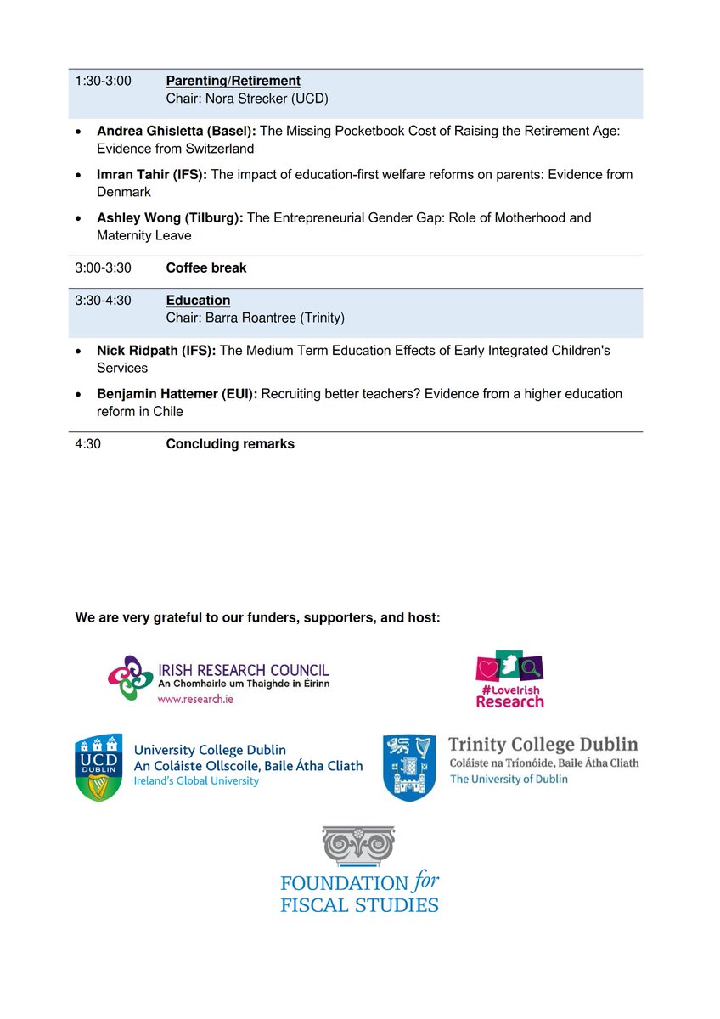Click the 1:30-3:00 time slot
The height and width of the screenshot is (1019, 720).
pyautogui.click(x=103, y=81)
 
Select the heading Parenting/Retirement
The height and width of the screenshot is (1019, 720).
pyautogui.click(x=233, y=81)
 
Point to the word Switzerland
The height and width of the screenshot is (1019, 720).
pyautogui.click(x=217, y=149)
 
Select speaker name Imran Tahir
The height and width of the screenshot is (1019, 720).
pyautogui.click(x=131, y=174)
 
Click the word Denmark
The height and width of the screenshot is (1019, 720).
pyautogui.click(x=124, y=192)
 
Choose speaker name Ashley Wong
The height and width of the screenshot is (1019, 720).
pyautogui.click(x=137, y=217)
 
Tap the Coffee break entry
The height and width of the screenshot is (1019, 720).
pyautogui.click(x=206, y=267)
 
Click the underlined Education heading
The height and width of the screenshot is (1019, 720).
pyautogui.click(x=198, y=301)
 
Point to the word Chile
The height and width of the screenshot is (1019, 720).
pyautogui.click(x=167, y=411)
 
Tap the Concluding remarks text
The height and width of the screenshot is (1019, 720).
pyautogui.click(x=230, y=444)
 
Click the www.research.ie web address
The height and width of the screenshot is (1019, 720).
pyautogui.click(x=195, y=700)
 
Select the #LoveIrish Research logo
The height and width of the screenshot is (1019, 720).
pyautogui.click(x=509, y=679)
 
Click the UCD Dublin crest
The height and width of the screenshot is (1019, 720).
pyautogui.click(x=98, y=768)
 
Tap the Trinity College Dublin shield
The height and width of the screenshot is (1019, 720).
pyautogui.click(x=409, y=768)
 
